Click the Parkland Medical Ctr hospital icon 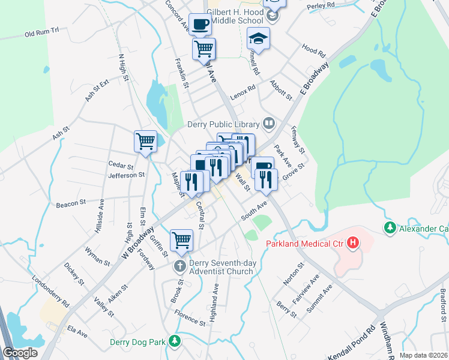point(354,243)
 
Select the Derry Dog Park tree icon point(175,341)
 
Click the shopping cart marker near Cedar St point(145,142)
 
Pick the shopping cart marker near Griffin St point(181,241)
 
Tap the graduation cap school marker point(259,39)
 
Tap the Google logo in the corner point(20,353)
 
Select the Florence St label point(190,317)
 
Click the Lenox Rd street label point(243,88)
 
